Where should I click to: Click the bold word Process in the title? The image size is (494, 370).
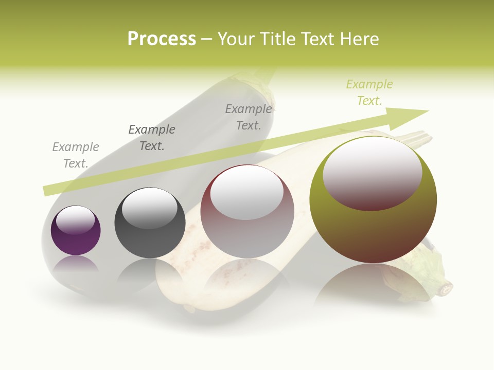tap(162, 39)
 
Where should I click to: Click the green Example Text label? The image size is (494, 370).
tap(369, 92)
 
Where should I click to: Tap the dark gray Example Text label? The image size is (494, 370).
tap(152, 138)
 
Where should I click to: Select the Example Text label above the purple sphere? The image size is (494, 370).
tap(76, 155)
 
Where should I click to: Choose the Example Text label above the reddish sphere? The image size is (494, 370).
tap(249, 117)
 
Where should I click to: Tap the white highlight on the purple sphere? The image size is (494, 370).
tap(75, 220)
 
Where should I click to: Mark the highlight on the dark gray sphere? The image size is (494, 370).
tap(149, 208)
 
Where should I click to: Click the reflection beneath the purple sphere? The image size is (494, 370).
tap(76, 265)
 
